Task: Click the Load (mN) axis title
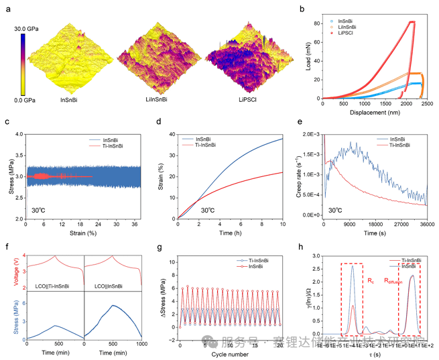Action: pyautogui.click(x=307, y=55)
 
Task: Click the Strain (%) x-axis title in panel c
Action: pyautogui.click(x=83, y=233)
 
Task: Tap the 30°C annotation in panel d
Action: pyautogui.click(x=209, y=210)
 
